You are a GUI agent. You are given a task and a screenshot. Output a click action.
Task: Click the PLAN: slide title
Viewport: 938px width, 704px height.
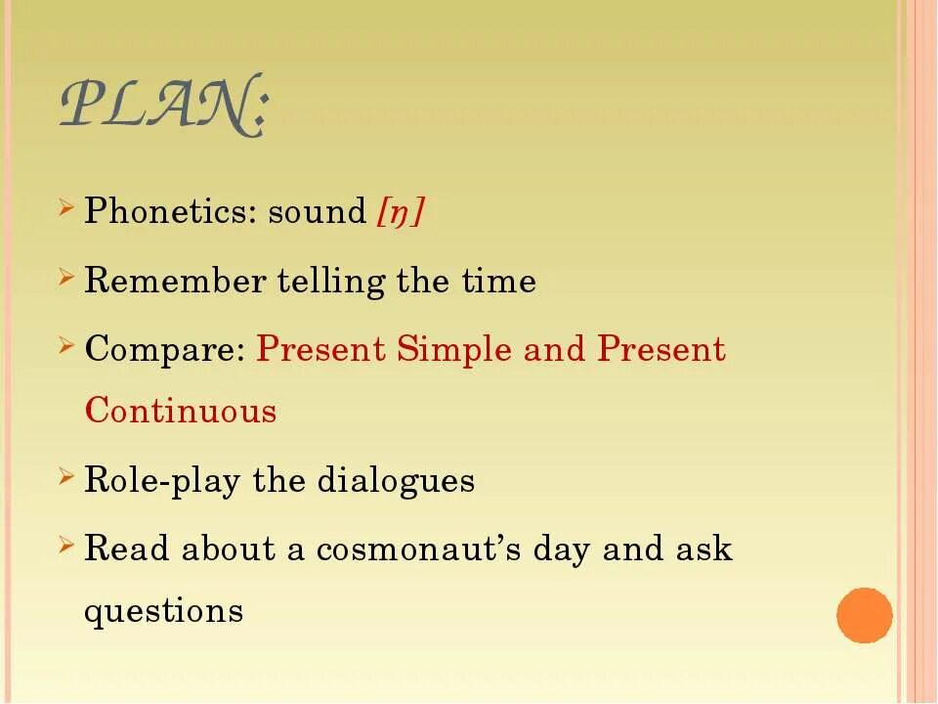click(x=162, y=105)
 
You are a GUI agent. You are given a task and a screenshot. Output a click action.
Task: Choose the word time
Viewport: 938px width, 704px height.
click(x=498, y=282)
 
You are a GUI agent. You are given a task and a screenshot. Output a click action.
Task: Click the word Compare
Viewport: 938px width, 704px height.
click(x=164, y=350)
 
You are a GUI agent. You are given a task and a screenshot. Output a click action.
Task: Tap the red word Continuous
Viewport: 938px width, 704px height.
click(x=181, y=411)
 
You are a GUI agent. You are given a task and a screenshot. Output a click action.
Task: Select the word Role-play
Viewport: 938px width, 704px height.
click(x=163, y=481)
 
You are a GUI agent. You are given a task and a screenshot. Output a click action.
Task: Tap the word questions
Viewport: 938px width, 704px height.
click(x=163, y=612)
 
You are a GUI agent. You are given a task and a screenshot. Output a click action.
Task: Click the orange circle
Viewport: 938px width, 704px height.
click(x=865, y=616)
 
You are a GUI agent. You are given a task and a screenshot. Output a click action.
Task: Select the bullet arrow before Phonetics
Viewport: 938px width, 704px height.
click(x=66, y=208)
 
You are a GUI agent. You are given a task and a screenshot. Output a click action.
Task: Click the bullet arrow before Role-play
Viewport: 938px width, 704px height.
click(x=66, y=477)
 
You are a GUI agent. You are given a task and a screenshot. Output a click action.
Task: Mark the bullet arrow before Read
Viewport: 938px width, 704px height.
click(x=66, y=546)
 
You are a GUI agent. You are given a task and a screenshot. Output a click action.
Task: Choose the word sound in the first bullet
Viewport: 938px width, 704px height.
click(x=317, y=211)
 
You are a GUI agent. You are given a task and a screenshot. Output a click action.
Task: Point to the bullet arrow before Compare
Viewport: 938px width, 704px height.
click(x=66, y=346)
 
